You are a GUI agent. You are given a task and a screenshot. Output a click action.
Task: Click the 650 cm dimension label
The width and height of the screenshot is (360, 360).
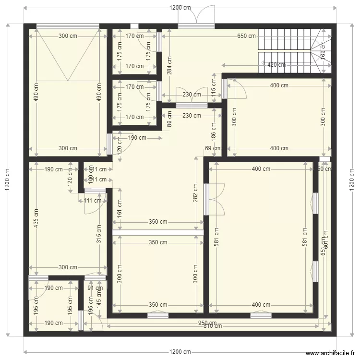click(x=246, y=36)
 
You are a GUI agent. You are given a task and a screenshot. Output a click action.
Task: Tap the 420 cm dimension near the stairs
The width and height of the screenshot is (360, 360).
click(x=276, y=65)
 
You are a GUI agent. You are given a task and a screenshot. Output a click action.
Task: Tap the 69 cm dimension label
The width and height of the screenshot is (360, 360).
click(x=209, y=149)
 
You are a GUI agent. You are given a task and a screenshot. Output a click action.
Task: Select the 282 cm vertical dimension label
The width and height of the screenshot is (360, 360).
click(x=196, y=192)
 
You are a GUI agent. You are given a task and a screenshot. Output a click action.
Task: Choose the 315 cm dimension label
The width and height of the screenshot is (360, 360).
click(x=99, y=235)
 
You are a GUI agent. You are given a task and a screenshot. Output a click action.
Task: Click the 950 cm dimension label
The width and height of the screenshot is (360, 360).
click(x=207, y=323)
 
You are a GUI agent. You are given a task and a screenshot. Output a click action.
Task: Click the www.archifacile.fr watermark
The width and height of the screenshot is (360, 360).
click(x=328, y=353)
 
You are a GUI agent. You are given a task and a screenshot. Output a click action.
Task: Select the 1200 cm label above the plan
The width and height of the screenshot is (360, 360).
click(x=180, y=8)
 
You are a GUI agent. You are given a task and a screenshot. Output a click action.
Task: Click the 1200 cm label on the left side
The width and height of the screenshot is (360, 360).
click(x=7, y=180)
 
